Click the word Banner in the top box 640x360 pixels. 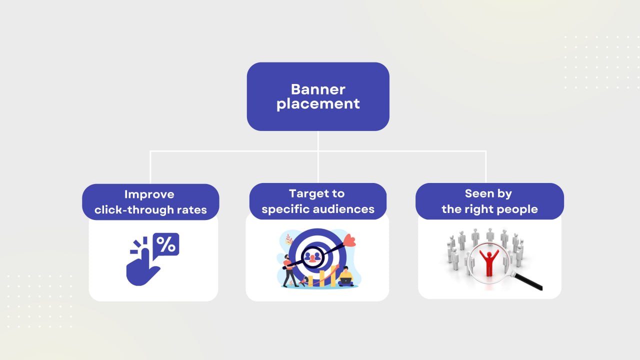(x=318, y=89)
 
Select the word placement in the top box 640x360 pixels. (x=318, y=103)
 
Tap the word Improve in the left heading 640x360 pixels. (x=149, y=194)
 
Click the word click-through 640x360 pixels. (x=131, y=210)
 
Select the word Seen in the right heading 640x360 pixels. (x=474, y=193)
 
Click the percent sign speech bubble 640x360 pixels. (x=166, y=244)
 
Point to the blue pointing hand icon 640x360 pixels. (x=141, y=267)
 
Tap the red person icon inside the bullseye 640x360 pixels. (x=313, y=257)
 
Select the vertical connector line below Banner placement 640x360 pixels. (x=318, y=140)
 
